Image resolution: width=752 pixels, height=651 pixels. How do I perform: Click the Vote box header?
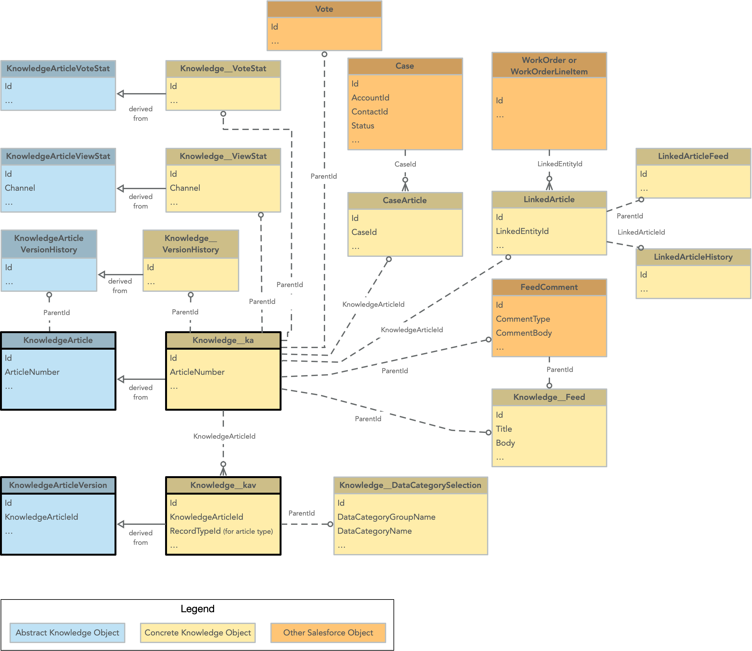click(324, 9)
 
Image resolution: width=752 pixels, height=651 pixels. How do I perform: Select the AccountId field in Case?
click(370, 98)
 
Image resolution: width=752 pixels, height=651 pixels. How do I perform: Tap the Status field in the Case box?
click(362, 126)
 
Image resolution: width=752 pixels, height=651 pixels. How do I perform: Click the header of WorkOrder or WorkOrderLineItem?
click(549, 65)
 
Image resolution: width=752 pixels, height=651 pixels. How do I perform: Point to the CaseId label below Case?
click(405, 164)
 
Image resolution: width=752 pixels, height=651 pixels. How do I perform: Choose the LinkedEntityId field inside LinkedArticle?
click(522, 231)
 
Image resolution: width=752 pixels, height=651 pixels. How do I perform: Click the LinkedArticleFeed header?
click(693, 156)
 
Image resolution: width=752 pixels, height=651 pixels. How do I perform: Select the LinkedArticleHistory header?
click(693, 257)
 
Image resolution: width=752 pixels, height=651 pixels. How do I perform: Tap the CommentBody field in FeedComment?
click(523, 333)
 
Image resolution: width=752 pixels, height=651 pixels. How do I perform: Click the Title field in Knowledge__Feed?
click(504, 429)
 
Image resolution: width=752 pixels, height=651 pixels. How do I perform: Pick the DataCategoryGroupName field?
click(386, 517)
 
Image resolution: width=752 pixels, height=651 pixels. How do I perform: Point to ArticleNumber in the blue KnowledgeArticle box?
click(32, 372)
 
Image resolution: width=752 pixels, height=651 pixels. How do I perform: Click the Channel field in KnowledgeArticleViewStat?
click(20, 188)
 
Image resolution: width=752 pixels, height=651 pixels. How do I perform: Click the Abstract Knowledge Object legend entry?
click(67, 633)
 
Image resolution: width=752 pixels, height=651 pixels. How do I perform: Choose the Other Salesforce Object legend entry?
click(328, 633)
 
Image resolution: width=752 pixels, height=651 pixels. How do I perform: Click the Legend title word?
click(197, 608)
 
